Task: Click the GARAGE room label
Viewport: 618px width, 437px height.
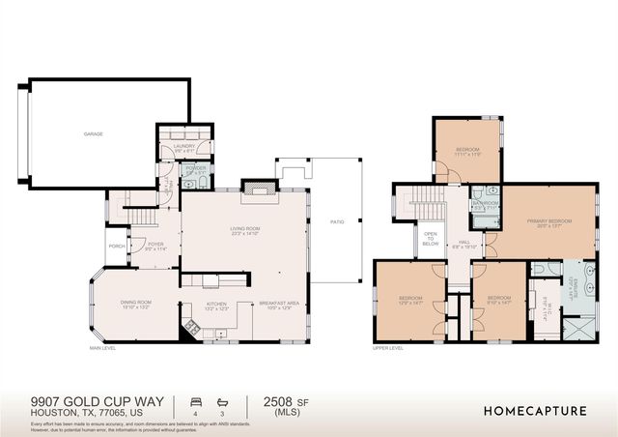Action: [94, 134]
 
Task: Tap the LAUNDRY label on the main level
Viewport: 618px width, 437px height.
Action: [185, 148]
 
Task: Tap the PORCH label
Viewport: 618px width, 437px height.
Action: [117, 246]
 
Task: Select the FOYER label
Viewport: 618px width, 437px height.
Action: [155, 247]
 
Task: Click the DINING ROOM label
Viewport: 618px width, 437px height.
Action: [135, 305]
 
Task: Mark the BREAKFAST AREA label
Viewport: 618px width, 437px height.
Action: [278, 305]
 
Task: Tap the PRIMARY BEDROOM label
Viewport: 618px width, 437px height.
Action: [548, 222]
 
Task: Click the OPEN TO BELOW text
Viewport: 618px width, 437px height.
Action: [430, 241]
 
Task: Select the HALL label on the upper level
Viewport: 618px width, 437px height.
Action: [465, 245]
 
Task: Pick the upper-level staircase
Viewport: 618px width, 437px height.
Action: [429, 204]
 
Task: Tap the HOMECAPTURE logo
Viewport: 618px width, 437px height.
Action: [535, 411]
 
